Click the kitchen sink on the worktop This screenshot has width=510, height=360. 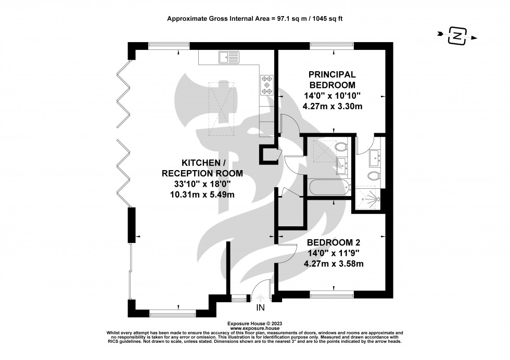[229, 56]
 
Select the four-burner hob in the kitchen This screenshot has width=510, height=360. [267, 85]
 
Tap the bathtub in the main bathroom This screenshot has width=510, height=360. [328, 188]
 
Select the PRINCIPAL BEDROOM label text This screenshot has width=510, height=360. [332, 80]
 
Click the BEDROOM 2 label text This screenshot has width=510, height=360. [333, 242]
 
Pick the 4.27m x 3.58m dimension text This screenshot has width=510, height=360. [333, 263]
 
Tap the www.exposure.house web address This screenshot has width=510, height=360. [254, 328]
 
